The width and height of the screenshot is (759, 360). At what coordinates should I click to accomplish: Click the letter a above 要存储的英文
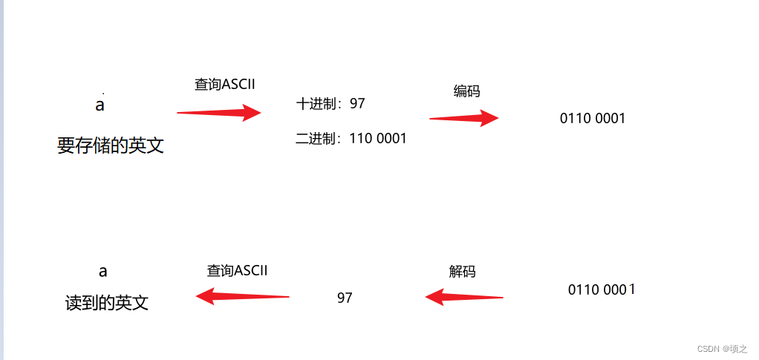(x=100, y=105)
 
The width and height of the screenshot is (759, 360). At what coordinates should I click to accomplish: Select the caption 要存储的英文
(x=111, y=145)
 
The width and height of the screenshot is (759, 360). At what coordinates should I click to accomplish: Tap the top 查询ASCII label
(x=224, y=85)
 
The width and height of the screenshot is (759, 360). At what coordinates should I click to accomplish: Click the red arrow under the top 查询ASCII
(x=219, y=113)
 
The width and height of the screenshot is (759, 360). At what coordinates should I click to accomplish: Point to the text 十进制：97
(x=330, y=104)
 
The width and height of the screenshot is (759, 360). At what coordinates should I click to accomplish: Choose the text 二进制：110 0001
(x=351, y=138)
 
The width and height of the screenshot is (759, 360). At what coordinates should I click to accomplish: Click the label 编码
(x=466, y=91)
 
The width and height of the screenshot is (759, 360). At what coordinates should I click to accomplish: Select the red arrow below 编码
(x=464, y=118)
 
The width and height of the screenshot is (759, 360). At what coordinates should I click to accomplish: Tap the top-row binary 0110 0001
(x=593, y=118)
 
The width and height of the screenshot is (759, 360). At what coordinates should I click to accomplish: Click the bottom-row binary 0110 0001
(x=601, y=289)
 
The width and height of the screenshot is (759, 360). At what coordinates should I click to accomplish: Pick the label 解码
(x=462, y=272)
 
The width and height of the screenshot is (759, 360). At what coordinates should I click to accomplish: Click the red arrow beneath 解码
(x=464, y=298)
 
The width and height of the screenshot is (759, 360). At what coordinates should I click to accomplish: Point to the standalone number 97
(x=345, y=298)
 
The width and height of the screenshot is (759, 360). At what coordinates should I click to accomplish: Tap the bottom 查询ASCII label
(x=237, y=271)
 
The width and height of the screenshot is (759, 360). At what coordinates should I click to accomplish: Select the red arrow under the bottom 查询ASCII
(x=242, y=297)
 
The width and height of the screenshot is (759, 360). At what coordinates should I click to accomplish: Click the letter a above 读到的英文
(x=102, y=272)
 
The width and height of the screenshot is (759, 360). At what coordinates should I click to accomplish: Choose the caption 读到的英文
(x=107, y=303)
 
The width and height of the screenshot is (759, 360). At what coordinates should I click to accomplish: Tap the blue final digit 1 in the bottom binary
(x=632, y=289)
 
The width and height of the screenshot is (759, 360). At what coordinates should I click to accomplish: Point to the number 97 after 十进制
(x=357, y=104)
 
